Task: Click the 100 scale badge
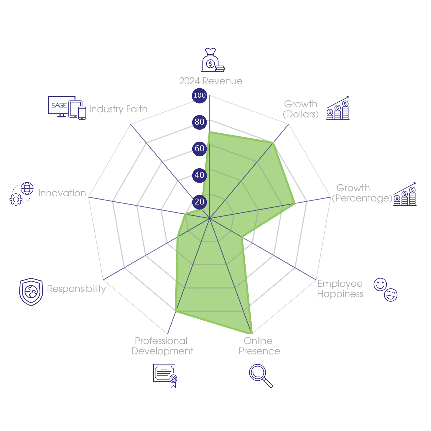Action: [199, 95]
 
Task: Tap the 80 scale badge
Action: [199, 122]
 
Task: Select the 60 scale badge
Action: [199, 148]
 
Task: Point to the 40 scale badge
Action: [199, 175]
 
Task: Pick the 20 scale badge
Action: [199, 201]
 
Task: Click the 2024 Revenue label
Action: [211, 81]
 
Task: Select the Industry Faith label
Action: [118, 109]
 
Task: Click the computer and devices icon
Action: [67, 107]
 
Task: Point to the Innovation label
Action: [62, 193]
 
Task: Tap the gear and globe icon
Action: [22, 194]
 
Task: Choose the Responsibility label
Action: [76, 289]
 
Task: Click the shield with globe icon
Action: [31, 292]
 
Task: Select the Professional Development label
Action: [162, 346]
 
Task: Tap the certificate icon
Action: [165, 375]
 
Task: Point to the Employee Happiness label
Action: [340, 289]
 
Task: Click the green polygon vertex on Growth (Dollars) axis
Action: [273, 142]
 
